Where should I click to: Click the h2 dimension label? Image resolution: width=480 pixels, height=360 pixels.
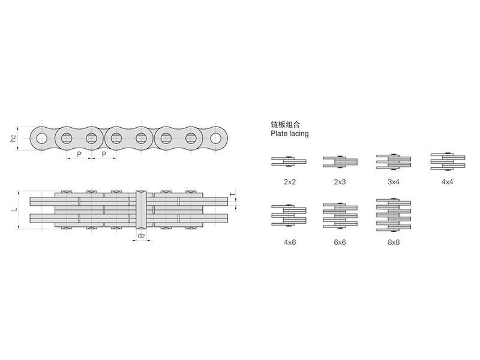[x=13, y=139]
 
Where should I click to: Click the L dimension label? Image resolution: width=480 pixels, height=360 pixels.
[x=14, y=209]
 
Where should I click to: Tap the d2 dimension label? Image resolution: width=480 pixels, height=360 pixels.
[x=141, y=236]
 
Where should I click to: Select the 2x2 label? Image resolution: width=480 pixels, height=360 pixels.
[x=290, y=182]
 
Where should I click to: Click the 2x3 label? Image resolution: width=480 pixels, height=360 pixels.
[x=340, y=182]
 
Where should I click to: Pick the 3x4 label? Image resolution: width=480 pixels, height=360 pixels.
[x=394, y=182]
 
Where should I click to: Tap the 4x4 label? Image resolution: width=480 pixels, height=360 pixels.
[x=447, y=182]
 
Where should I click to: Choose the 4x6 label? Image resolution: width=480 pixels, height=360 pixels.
[x=290, y=242]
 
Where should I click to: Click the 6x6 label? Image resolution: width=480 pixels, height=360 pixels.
[x=340, y=242]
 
